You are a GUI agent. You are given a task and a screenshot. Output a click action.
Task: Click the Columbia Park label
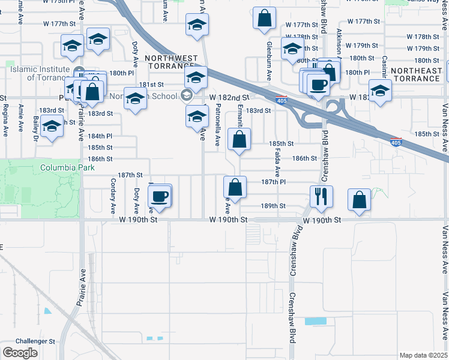(59, 167)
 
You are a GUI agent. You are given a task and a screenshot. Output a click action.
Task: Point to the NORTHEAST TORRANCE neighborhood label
(417, 71)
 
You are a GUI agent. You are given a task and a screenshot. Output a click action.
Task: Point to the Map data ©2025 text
(423, 355)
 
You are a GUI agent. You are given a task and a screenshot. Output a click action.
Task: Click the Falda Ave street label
(277, 162)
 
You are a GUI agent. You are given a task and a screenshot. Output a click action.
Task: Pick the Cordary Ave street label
(113, 196)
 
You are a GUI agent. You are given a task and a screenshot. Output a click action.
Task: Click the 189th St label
(273, 205)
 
